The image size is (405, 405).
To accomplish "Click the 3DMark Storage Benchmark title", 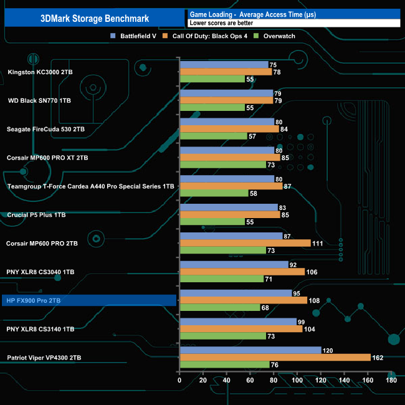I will pos(93,19).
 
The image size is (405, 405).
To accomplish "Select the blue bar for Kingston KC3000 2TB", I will pos(224,65).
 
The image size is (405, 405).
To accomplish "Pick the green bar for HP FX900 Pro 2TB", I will pos(219,307).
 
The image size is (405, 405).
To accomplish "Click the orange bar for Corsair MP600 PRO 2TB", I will pos(245,243).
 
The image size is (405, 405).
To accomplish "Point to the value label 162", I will pos(377,358).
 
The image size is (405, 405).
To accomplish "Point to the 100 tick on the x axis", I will pos(297,381).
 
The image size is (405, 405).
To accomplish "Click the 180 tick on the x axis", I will pos(391,381).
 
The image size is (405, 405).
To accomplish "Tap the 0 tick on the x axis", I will pos(179,381).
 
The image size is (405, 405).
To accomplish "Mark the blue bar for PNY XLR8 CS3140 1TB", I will pos(237,322).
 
